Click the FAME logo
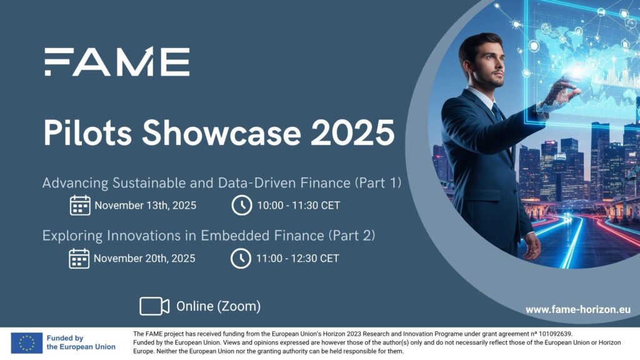click(117, 61)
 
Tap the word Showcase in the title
click(221, 132)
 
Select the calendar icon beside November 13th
click(80, 205)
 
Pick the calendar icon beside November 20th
click(79, 258)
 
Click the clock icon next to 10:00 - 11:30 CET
click(242, 205)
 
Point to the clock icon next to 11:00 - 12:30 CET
click(241, 258)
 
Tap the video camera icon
click(154, 306)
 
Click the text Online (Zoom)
click(218, 306)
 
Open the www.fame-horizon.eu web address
click(578, 309)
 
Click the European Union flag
click(26, 342)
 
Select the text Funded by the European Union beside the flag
click(81, 342)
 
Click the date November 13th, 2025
click(145, 205)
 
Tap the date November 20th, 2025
click(144, 258)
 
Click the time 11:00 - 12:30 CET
click(297, 258)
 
